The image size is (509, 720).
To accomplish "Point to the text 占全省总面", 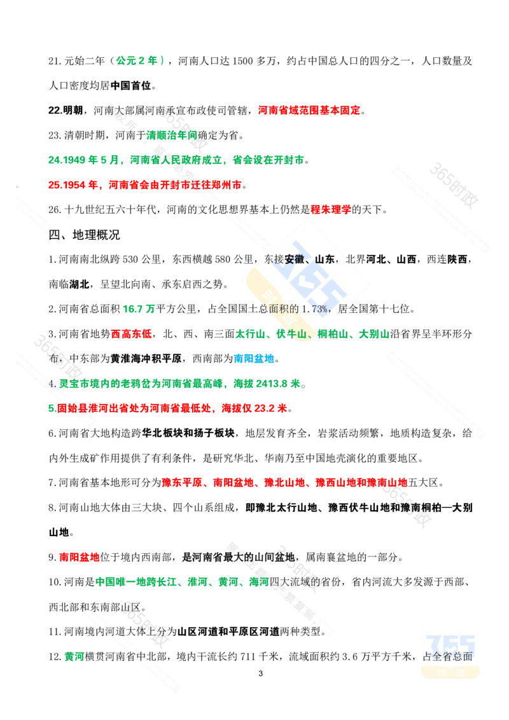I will [x=448, y=657].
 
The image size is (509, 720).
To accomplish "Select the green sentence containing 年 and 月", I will [x=175, y=160].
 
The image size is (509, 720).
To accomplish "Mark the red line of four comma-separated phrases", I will [x=284, y=482].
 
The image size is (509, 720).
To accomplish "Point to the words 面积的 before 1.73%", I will [x=285, y=309].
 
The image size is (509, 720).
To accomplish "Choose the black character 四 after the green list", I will [x=274, y=581].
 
